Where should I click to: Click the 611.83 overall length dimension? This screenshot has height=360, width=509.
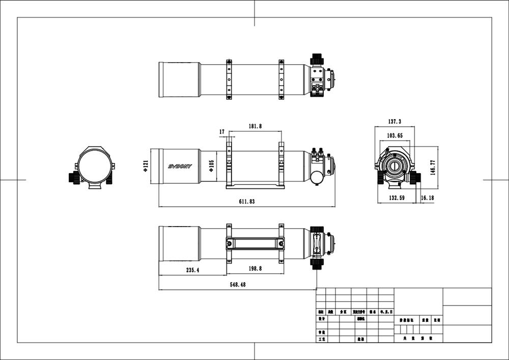click(x=246, y=202)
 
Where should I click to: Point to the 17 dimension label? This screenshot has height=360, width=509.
click(x=222, y=132)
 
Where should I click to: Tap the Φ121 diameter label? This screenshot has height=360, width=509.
click(x=146, y=166)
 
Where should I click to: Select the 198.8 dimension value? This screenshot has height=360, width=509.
click(x=255, y=269)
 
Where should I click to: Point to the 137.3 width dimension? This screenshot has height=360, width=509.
click(x=394, y=122)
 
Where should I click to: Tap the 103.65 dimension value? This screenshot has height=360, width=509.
click(x=394, y=136)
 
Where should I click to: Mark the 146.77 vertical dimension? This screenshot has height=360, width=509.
click(x=433, y=168)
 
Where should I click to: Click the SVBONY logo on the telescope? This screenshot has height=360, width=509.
click(x=180, y=167)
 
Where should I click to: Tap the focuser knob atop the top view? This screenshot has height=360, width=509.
click(x=317, y=58)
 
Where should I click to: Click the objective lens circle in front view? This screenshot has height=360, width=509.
click(x=92, y=166)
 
